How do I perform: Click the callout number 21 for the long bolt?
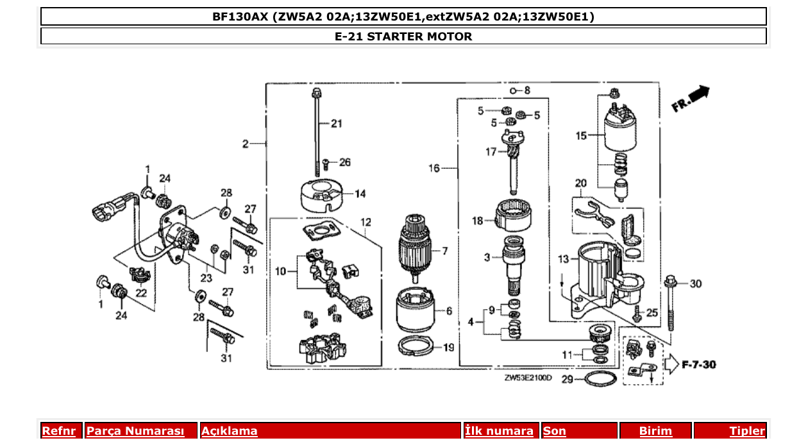[x=337, y=124]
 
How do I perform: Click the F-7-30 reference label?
[x=698, y=365]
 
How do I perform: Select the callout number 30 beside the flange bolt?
[x=696, y=283]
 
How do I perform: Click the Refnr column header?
[x=59, y=431]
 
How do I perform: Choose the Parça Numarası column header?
[x=135, y=431]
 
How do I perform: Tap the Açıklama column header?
[x=230, y=431]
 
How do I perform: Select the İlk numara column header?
[x=499, y=431]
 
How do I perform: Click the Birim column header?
[x=655, y=431]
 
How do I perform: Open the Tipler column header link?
[x=747, y=431]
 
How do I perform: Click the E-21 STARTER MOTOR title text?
[x=403, y=37]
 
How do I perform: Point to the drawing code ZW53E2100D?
[x=528, y=378]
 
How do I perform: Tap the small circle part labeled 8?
[x=514, y=90]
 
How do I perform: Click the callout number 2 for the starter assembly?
[x=245, y=144]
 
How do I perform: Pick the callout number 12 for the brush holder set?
[x=366, y=223]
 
